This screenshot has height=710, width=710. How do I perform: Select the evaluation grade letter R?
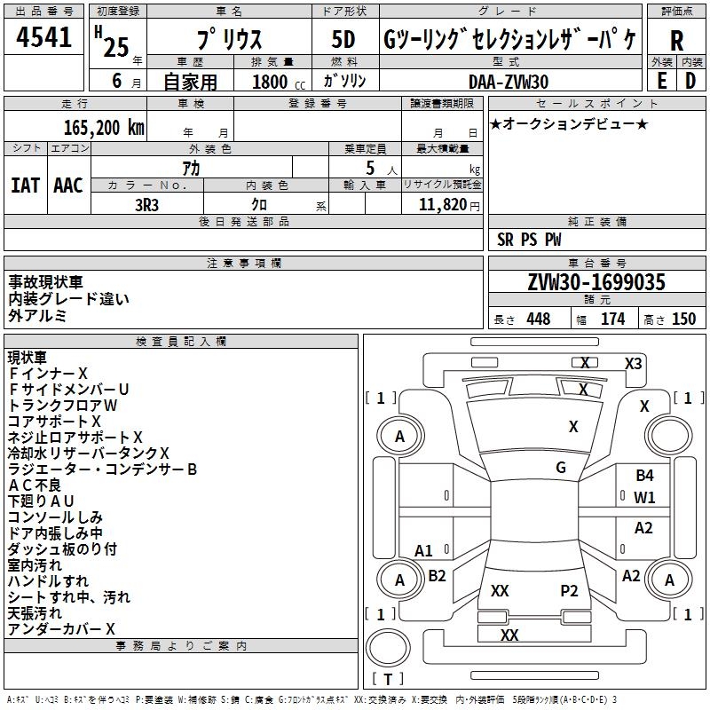[x=676, y=41]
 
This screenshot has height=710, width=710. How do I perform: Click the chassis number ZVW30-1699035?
[x=596, y=282]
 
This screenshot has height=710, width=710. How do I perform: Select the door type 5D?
[x=343, y=40]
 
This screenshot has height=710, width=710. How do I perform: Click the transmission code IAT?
[x=25, y=185]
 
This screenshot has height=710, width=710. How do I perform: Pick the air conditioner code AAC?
[x=68, y=185]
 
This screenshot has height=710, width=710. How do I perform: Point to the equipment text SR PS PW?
[x=529, y=240]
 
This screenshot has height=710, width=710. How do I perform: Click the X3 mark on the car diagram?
[x=633, y=363]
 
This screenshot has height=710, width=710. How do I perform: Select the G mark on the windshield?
[x=561, y=468]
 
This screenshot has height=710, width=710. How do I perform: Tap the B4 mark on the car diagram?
[x=644, y=476]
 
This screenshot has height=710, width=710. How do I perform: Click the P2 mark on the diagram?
[x=569, y=590]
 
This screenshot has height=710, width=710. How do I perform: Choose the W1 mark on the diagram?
[x=644, y=498]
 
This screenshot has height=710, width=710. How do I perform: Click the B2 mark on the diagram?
[x=437, y=575]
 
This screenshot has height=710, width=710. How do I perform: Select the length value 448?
[x=538, y=319]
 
